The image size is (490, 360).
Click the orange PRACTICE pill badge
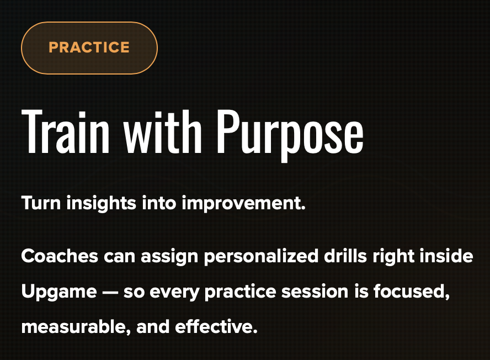click(x=89, y=48)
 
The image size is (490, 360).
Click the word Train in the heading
click(x=65, y=131)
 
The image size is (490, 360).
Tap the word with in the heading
click(x=162, y=131)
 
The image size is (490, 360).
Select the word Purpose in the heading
click(x=290, y=135)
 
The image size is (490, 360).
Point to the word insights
click(x=101, y=204)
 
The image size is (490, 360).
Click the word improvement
click(x=243, y=204)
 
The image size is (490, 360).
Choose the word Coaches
click(x=60, y=256)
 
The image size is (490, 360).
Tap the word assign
click(x=169, y=257)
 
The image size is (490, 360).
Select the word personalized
click(x=261, y=257)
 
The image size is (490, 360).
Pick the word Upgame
click(x=59, y=293)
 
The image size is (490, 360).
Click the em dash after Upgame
click(x=110, y=293)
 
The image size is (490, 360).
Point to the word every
click(x=174, y=293)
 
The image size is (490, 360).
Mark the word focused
click(x=412, y=292)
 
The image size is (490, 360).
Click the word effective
click(x=216, y=327)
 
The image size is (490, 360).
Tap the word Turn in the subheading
click(x=41, y=203)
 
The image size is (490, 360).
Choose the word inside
click(x=446, y=256)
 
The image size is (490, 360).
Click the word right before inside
click(x=393, y=257)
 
